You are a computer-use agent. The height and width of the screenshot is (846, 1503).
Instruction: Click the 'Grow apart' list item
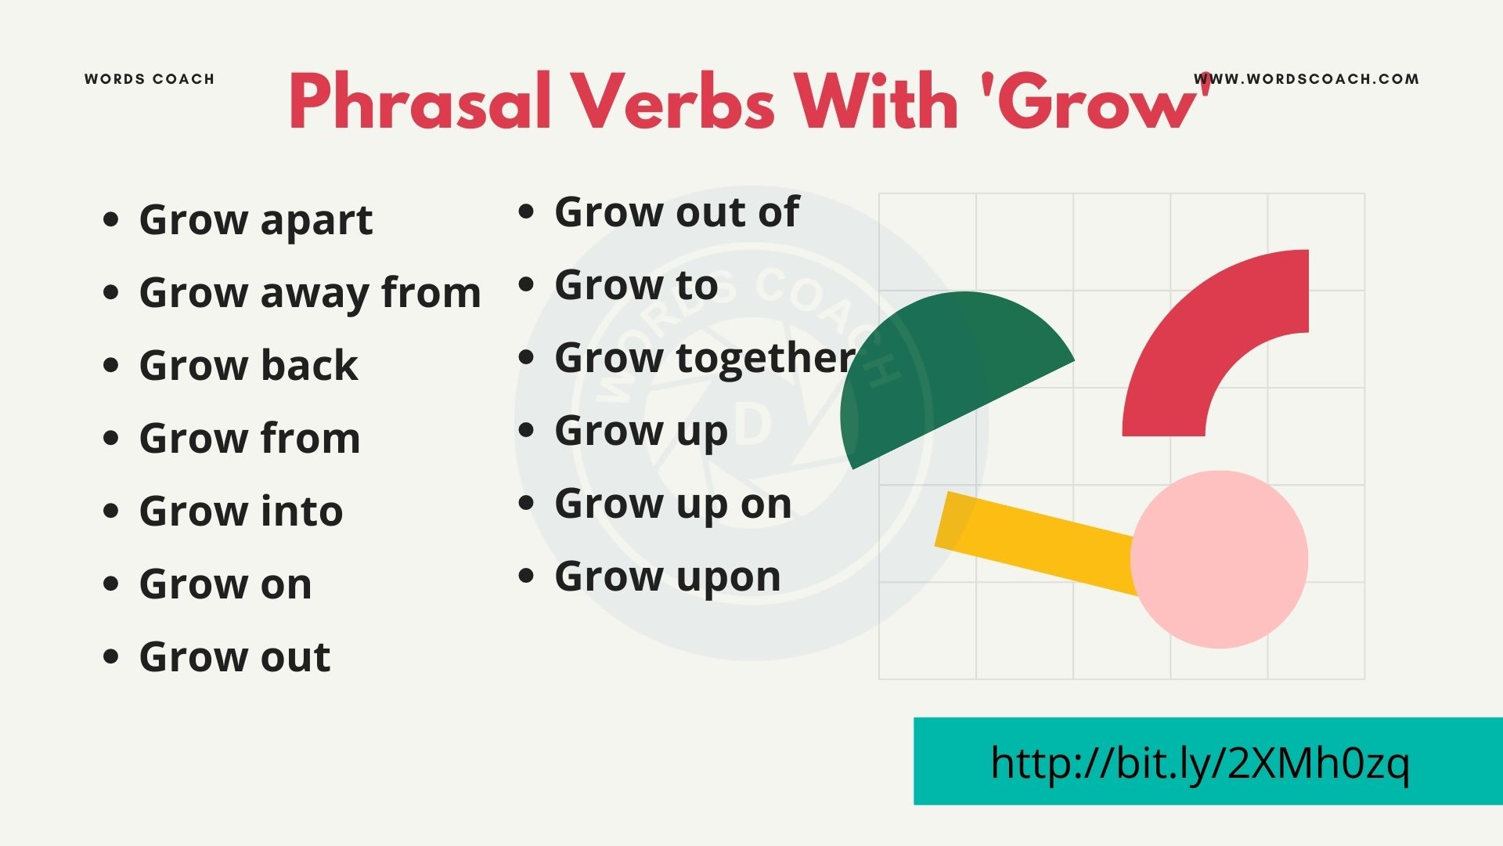tap(255, 220)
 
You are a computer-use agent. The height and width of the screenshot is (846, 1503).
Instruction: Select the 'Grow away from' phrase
tap(310, 293)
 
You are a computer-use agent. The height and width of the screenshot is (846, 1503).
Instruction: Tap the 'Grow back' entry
tap(248, 366)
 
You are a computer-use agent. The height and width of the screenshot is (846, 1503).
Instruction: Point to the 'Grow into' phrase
tap(241, 512)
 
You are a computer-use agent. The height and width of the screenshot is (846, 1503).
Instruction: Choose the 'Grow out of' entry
tap(676, 212)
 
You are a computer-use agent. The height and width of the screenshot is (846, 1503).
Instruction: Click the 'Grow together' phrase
tap(705, 358)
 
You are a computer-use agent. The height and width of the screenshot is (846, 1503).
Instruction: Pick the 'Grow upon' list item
tap(667, 577)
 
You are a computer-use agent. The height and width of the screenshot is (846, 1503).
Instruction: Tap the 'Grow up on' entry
tap(672, 504)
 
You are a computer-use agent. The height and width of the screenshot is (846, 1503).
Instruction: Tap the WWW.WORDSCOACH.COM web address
tap(1306, 79)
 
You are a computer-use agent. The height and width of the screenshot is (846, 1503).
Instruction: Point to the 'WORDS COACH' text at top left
tap(150, 79)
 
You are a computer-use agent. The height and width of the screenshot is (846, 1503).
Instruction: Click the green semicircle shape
tap(939, 368)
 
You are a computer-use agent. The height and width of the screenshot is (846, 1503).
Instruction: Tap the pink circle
tap(1219, 559)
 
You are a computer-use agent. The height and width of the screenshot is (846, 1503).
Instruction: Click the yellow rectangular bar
tap(1033, 540)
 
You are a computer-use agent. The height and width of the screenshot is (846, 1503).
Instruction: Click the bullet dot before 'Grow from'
tap(111, 438)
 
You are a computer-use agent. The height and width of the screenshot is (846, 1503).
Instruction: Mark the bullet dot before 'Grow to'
tap(526, 285)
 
